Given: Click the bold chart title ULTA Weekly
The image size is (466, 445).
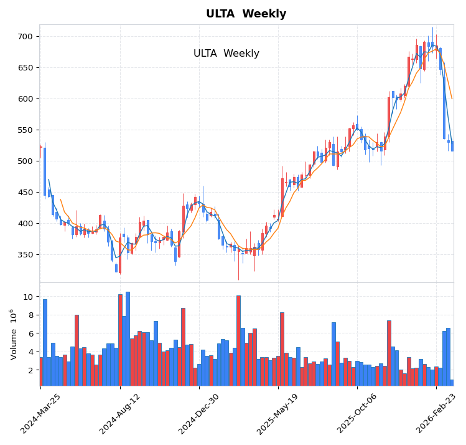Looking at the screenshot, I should coord(246,14).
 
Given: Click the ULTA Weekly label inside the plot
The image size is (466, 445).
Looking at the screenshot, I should coord(226,54).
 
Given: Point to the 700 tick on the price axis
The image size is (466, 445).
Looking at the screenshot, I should coord(25,37).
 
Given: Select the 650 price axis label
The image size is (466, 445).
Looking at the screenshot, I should coord(25,68).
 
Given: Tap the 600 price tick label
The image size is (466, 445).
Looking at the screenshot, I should coord(25,99).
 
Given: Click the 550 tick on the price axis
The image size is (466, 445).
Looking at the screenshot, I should coord(25,130).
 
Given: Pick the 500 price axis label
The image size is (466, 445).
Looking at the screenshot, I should coord(25,161).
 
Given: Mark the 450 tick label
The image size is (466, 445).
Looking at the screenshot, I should coord(25,193).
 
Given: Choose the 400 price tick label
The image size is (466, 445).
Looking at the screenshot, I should coord(25,224).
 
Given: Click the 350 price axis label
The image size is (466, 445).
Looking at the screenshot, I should coord(25,255).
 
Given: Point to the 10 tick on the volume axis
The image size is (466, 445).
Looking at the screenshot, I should coord(27,297).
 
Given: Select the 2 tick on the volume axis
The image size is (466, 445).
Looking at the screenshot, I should coord(30,371).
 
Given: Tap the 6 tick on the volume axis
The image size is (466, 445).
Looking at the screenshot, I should coord(30,334).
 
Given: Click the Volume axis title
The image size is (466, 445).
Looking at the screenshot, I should coord(14,334).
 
